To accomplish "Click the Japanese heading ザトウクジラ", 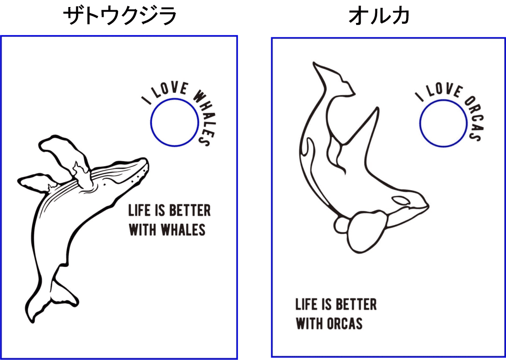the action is [120, 16].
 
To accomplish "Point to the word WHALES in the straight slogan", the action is [183, 230].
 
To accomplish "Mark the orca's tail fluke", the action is [332, 77].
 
